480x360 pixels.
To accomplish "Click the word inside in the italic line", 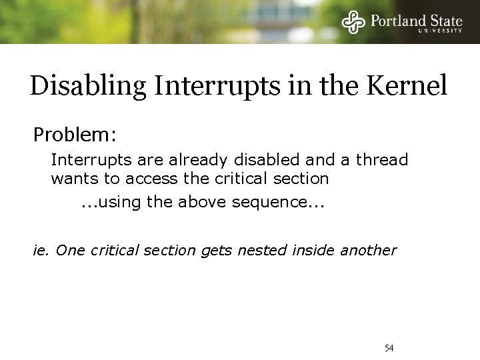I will pyautogui.click(x=316, y=251).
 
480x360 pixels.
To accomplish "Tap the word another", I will pyautogui.click(x=369, y=251).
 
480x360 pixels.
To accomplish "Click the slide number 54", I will pyautogui.click(x=390, y=348).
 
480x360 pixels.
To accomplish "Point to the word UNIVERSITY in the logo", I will pyautogui.click(x=441, y=31).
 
